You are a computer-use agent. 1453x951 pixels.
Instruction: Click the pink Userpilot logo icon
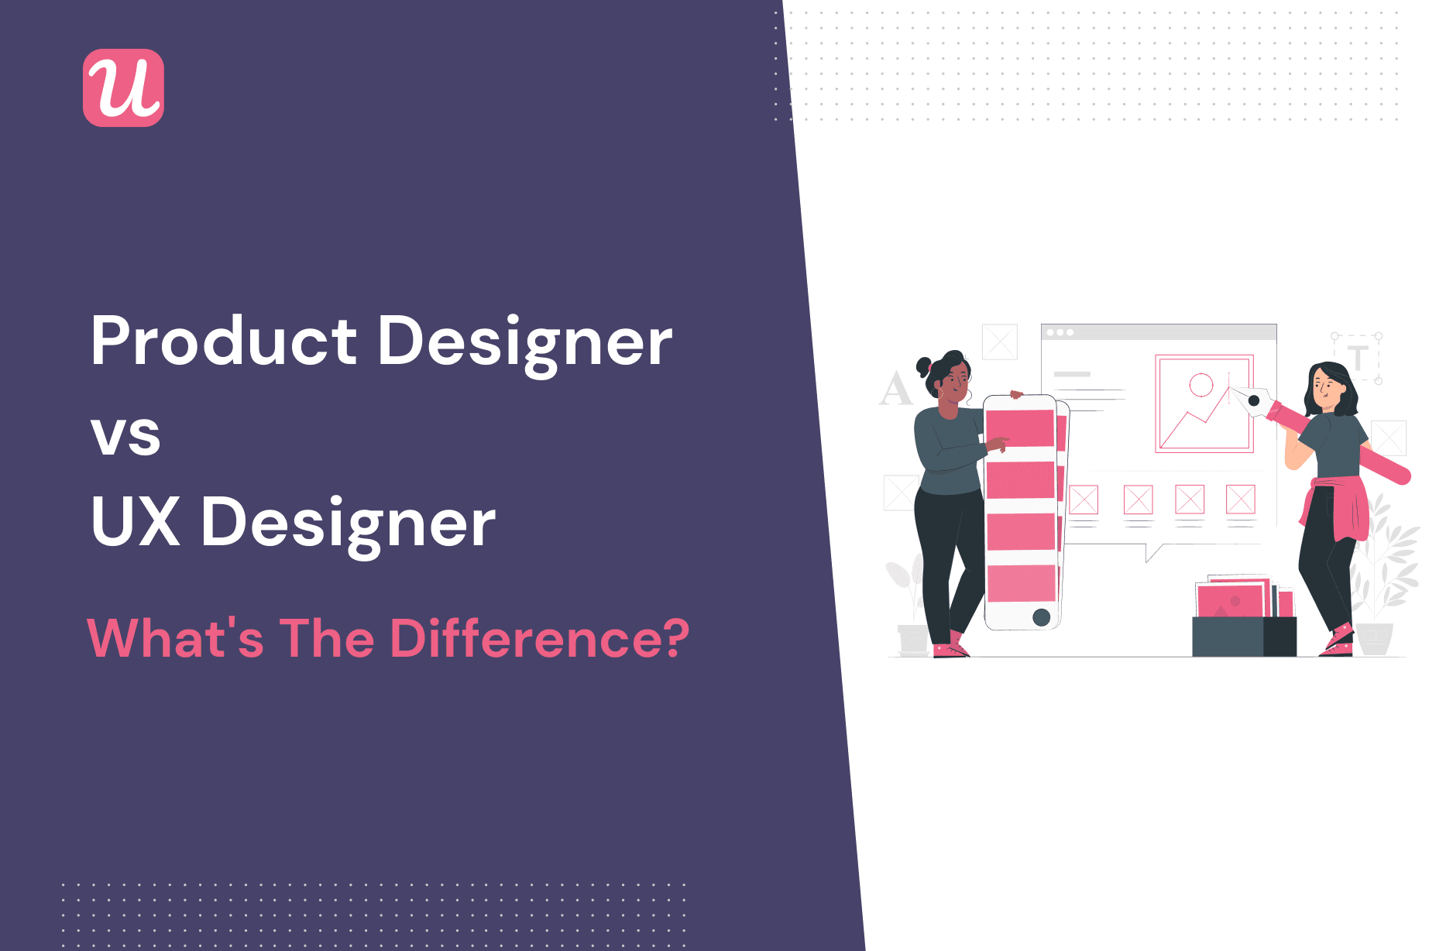tap(123, 88)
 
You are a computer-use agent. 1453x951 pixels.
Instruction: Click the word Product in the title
tap(224, 341)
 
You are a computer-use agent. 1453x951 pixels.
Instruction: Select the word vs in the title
tap(125, 435)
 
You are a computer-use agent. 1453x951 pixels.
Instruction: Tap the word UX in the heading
tap(136, 522)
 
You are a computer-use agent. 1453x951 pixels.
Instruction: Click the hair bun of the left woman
tap(924, 366)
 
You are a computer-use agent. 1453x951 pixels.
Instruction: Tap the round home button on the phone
tap(1042, 617)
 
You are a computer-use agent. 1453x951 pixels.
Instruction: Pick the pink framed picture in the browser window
tap(1204, 403)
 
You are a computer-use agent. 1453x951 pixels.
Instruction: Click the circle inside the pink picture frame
tap(1201, 385)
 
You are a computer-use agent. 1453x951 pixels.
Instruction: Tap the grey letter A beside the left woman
tap(895, 389)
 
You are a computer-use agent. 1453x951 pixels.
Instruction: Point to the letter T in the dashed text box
tap(1357, 358)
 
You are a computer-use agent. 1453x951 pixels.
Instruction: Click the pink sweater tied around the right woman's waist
tap(1340, 507)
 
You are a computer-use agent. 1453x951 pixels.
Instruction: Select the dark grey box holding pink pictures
tap(1242, 637)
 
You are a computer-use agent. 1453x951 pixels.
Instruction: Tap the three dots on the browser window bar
tap(1060, 332)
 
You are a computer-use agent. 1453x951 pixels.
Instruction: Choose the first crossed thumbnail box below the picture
tap(1083, 500)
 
